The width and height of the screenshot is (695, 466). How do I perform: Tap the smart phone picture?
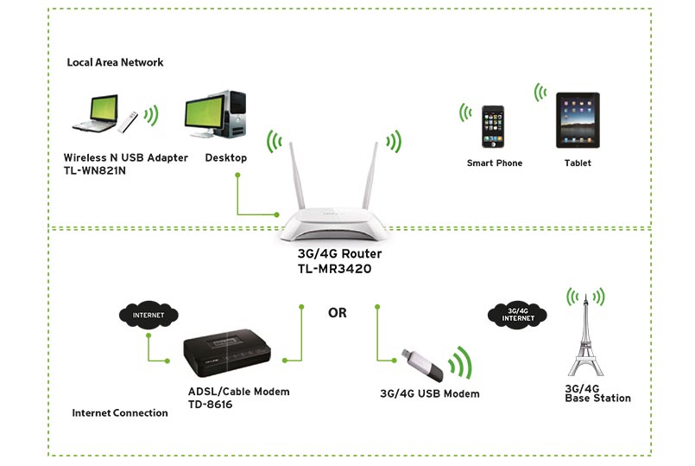tap(493, 127)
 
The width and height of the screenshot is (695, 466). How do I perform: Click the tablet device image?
tap(578, 120)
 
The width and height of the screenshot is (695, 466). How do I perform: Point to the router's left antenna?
tap(297, 176)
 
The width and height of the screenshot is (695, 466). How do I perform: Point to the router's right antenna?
tap(370, 175)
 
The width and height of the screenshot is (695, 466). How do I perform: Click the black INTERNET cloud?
tap(148, 315)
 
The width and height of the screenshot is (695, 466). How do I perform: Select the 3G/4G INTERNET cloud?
tap(517, 315)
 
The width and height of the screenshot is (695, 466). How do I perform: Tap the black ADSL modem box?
tap(226, 353)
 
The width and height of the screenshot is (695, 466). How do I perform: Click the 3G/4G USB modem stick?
tap(421, 365)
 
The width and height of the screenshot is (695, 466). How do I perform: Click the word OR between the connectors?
tap(338, 313)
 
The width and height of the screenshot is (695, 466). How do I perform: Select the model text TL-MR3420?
tap(335, 269)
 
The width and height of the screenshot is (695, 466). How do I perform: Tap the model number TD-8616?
tap(210, 405)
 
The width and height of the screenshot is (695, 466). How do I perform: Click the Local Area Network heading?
tap(115, 62)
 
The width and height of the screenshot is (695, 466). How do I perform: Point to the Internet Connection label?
tap(120, 412)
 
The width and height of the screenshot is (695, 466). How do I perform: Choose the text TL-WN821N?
tap(95, 171)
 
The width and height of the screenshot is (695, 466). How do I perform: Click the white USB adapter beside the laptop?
tap(128, 121)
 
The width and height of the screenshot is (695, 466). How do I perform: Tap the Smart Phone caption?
tap(495, 163)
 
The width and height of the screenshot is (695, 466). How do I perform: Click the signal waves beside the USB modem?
tap(461, 362)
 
